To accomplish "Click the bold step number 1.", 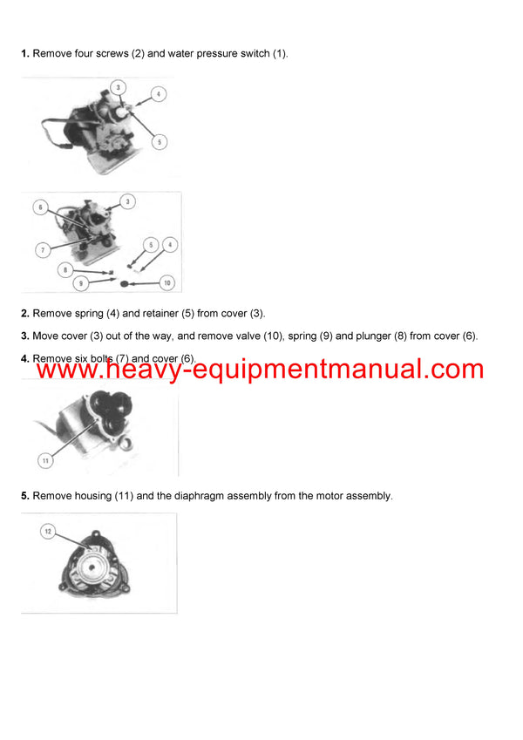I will (25, 54).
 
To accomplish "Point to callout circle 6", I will (40, 207).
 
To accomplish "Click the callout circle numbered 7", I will (41, 250).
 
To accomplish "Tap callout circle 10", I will (167, 283).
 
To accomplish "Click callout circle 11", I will (44, 459).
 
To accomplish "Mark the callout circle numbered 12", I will (48, 530).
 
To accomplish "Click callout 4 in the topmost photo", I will (158, 93).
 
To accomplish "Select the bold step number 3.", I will (25, 336).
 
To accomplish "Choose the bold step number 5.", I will (25, 496).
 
